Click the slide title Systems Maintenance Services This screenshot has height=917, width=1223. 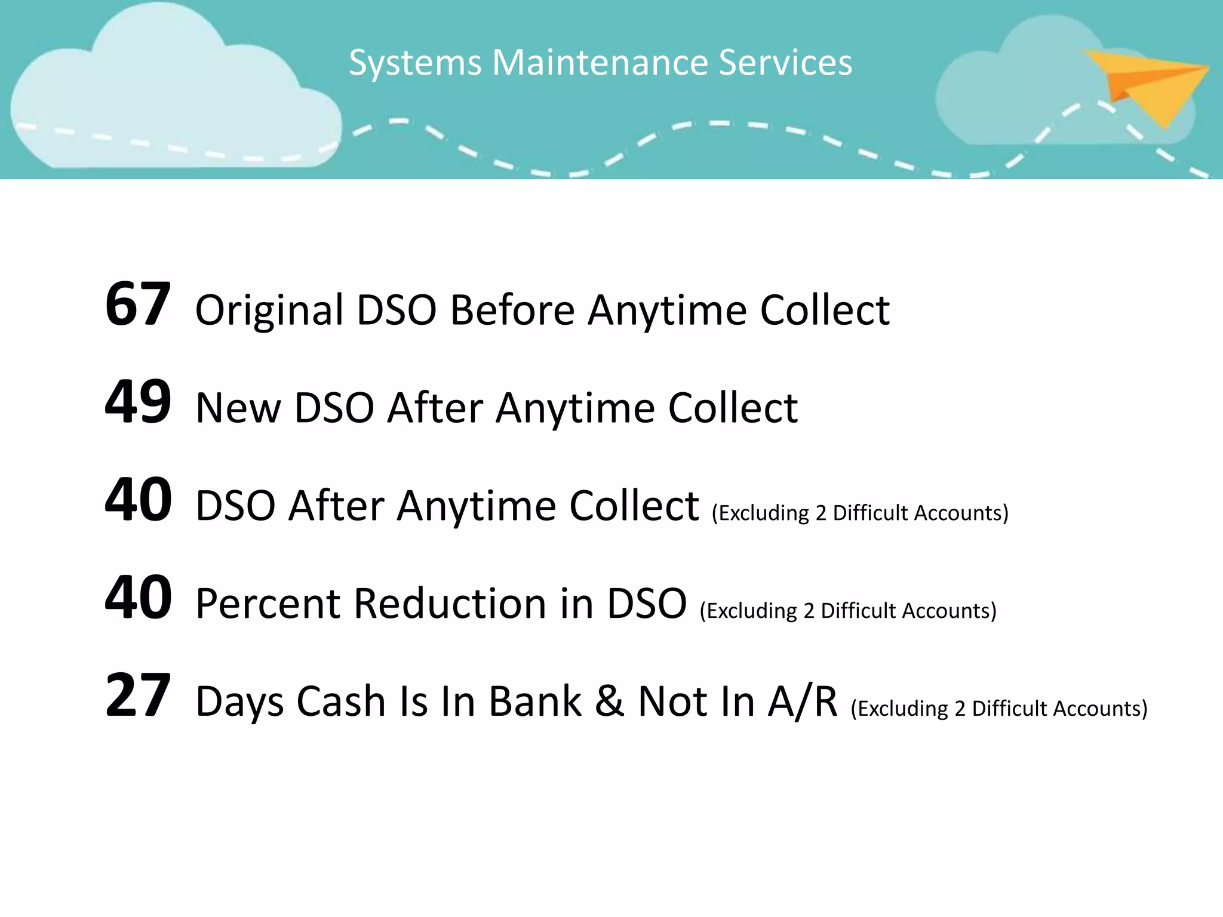[600, 62]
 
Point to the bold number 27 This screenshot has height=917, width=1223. [138, 696]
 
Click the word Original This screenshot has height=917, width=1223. [269, 311]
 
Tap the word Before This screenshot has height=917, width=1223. [512, 311]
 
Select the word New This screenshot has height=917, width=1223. [238, 409]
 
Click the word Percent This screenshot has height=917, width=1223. [268, 604]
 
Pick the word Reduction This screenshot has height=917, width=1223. [450, 604]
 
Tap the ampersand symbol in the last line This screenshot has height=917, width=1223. [609, 701]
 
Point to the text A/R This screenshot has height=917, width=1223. [803, 701]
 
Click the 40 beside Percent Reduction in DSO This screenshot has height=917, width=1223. [138, 598]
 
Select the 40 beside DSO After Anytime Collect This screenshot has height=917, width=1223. [138, 500]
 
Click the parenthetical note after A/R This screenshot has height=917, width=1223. [998, 709]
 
